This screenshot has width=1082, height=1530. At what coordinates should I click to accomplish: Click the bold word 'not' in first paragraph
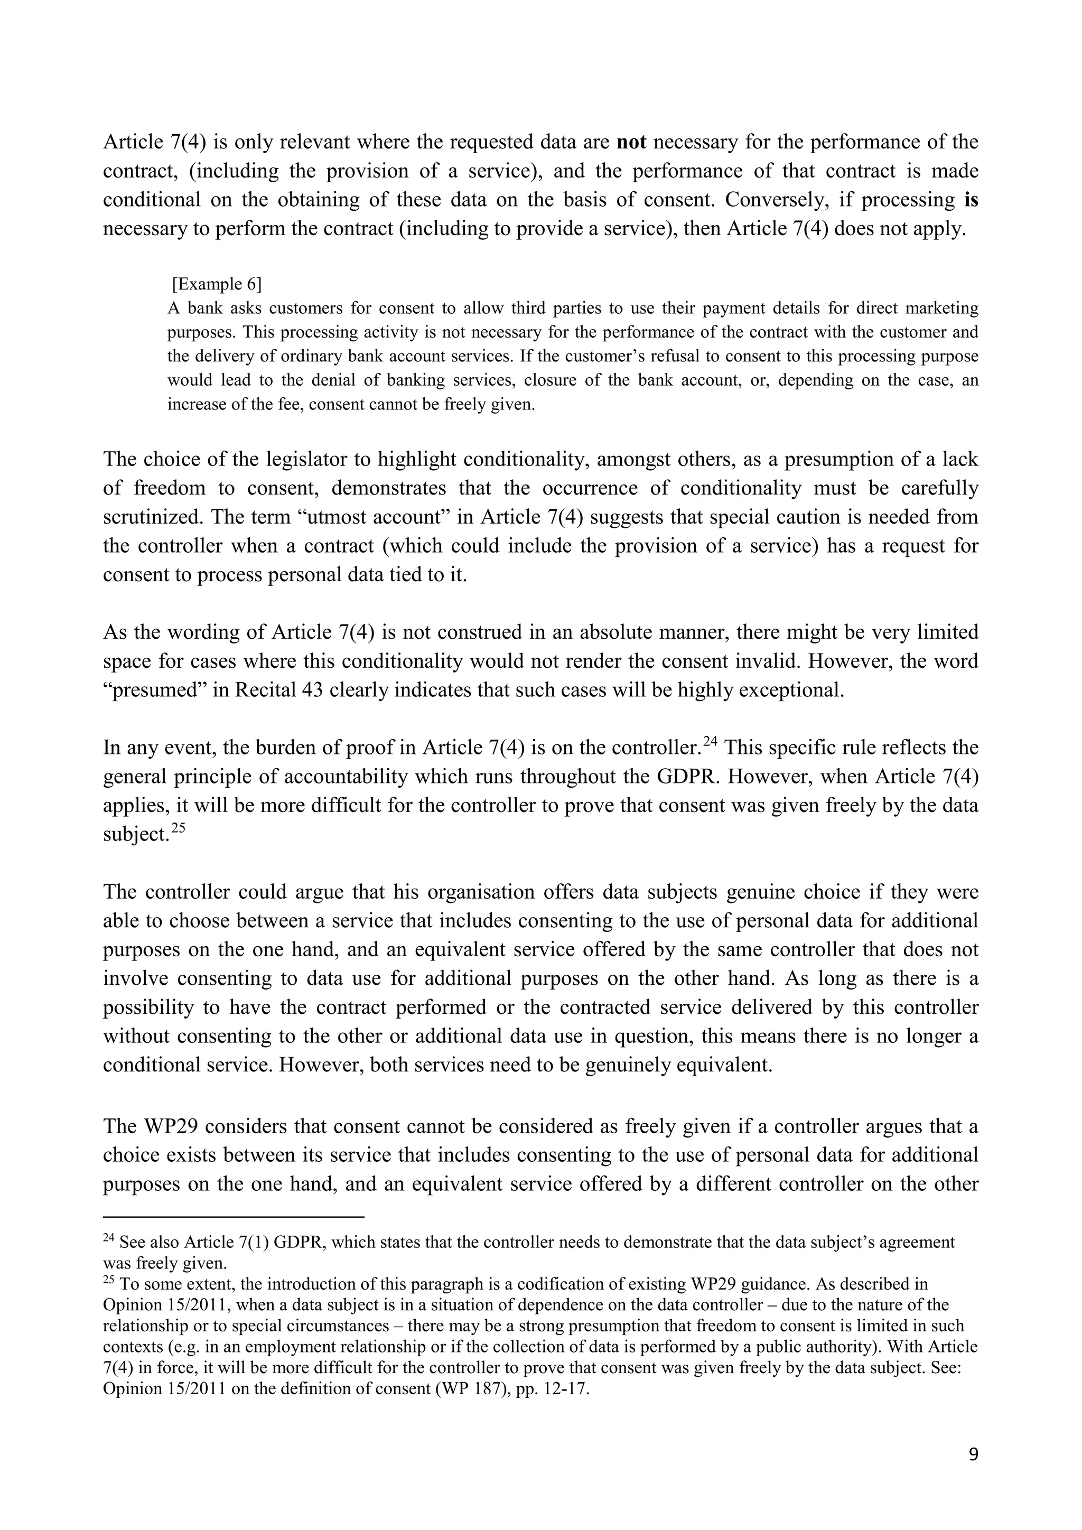click(x=632, y=142)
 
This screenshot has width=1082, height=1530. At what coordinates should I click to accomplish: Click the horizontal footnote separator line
click(x=233, y=1217)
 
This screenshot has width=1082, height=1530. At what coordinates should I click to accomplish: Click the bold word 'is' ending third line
click(x=971, y=200)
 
